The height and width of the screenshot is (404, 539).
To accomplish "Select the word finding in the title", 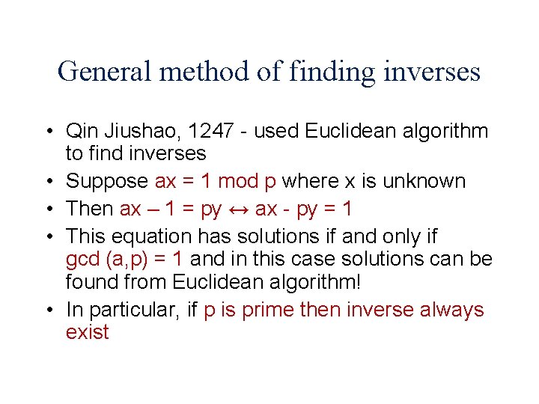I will point(335,72).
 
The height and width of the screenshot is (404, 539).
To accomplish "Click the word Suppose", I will point(108,182).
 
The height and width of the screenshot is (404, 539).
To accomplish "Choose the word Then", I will point(90,209).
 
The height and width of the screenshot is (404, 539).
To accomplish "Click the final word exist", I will point(87,332).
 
